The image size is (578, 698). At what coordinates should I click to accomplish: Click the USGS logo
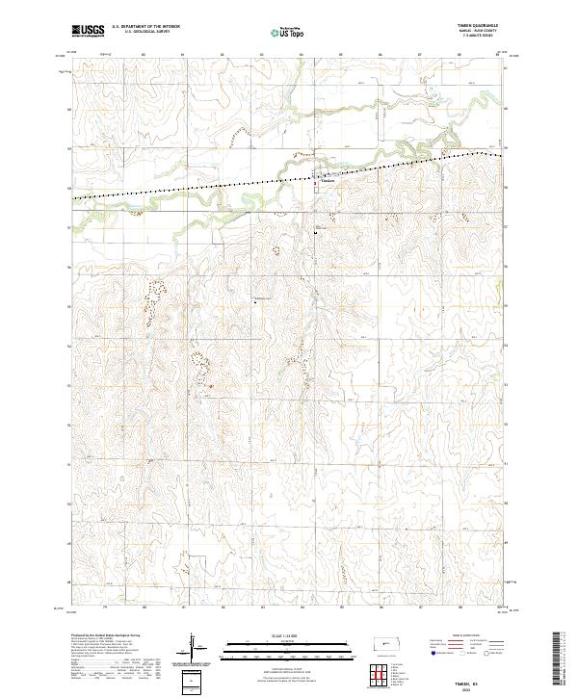(88, 31)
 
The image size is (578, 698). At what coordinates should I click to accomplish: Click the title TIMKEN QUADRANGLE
(484, 27)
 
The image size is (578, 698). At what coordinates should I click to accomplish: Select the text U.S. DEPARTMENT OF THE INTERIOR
(145, 27)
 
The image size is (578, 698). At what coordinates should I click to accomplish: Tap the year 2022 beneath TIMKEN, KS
(474, 687)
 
